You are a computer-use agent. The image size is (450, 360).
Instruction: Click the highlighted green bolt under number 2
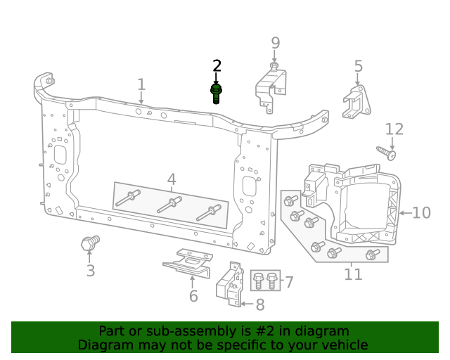pyautogui.click(x=216, y=93)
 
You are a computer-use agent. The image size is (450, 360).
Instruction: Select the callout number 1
pyautogui.click(x=141, y=85)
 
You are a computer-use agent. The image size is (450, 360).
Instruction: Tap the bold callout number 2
pyautogui.click(x=217, y=66)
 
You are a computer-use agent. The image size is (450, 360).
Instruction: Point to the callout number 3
pyautogui.click(x=90, y=271)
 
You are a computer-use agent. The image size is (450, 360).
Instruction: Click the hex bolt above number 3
pyautogui.click(x=89, y=243)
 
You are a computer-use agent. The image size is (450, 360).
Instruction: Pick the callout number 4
pyautogui.click(x=172, y=180)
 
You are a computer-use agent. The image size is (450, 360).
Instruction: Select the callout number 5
pyautogui.click(x=359, y=67)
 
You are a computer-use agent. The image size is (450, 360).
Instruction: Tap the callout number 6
pyautogui.click(x=193, y=296)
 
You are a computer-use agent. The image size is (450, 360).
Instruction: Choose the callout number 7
pyautogui.click(x=288, y=283)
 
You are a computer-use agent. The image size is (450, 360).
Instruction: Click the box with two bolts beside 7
pyautogui.click(x=265, y=281)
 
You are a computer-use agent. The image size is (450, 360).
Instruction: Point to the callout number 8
pyautogui.click(x=259, y=305)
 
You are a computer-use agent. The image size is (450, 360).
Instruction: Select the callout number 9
pyautogui.click(x=275, y=44)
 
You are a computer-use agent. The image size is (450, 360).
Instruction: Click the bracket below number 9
pyautogui.click(x=271, y=88)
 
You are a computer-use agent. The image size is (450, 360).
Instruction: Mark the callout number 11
pyautogui.click(x=353, y=274)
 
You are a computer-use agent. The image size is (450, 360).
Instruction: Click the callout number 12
pyautogui.click(x=394, y=129)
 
